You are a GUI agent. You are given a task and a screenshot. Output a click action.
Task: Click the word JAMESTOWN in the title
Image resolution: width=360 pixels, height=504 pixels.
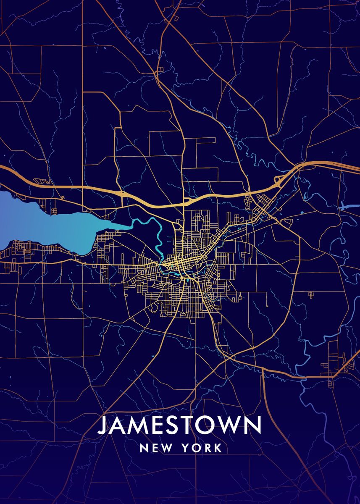tap(179, 425)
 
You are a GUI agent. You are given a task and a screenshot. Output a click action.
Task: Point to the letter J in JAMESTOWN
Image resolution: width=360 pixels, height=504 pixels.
tap(102, 425)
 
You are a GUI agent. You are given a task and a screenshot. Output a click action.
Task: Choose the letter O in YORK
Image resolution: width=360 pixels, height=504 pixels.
tap(196, 448)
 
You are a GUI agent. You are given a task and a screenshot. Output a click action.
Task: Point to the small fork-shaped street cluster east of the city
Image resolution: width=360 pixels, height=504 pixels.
tap(311, 294)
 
